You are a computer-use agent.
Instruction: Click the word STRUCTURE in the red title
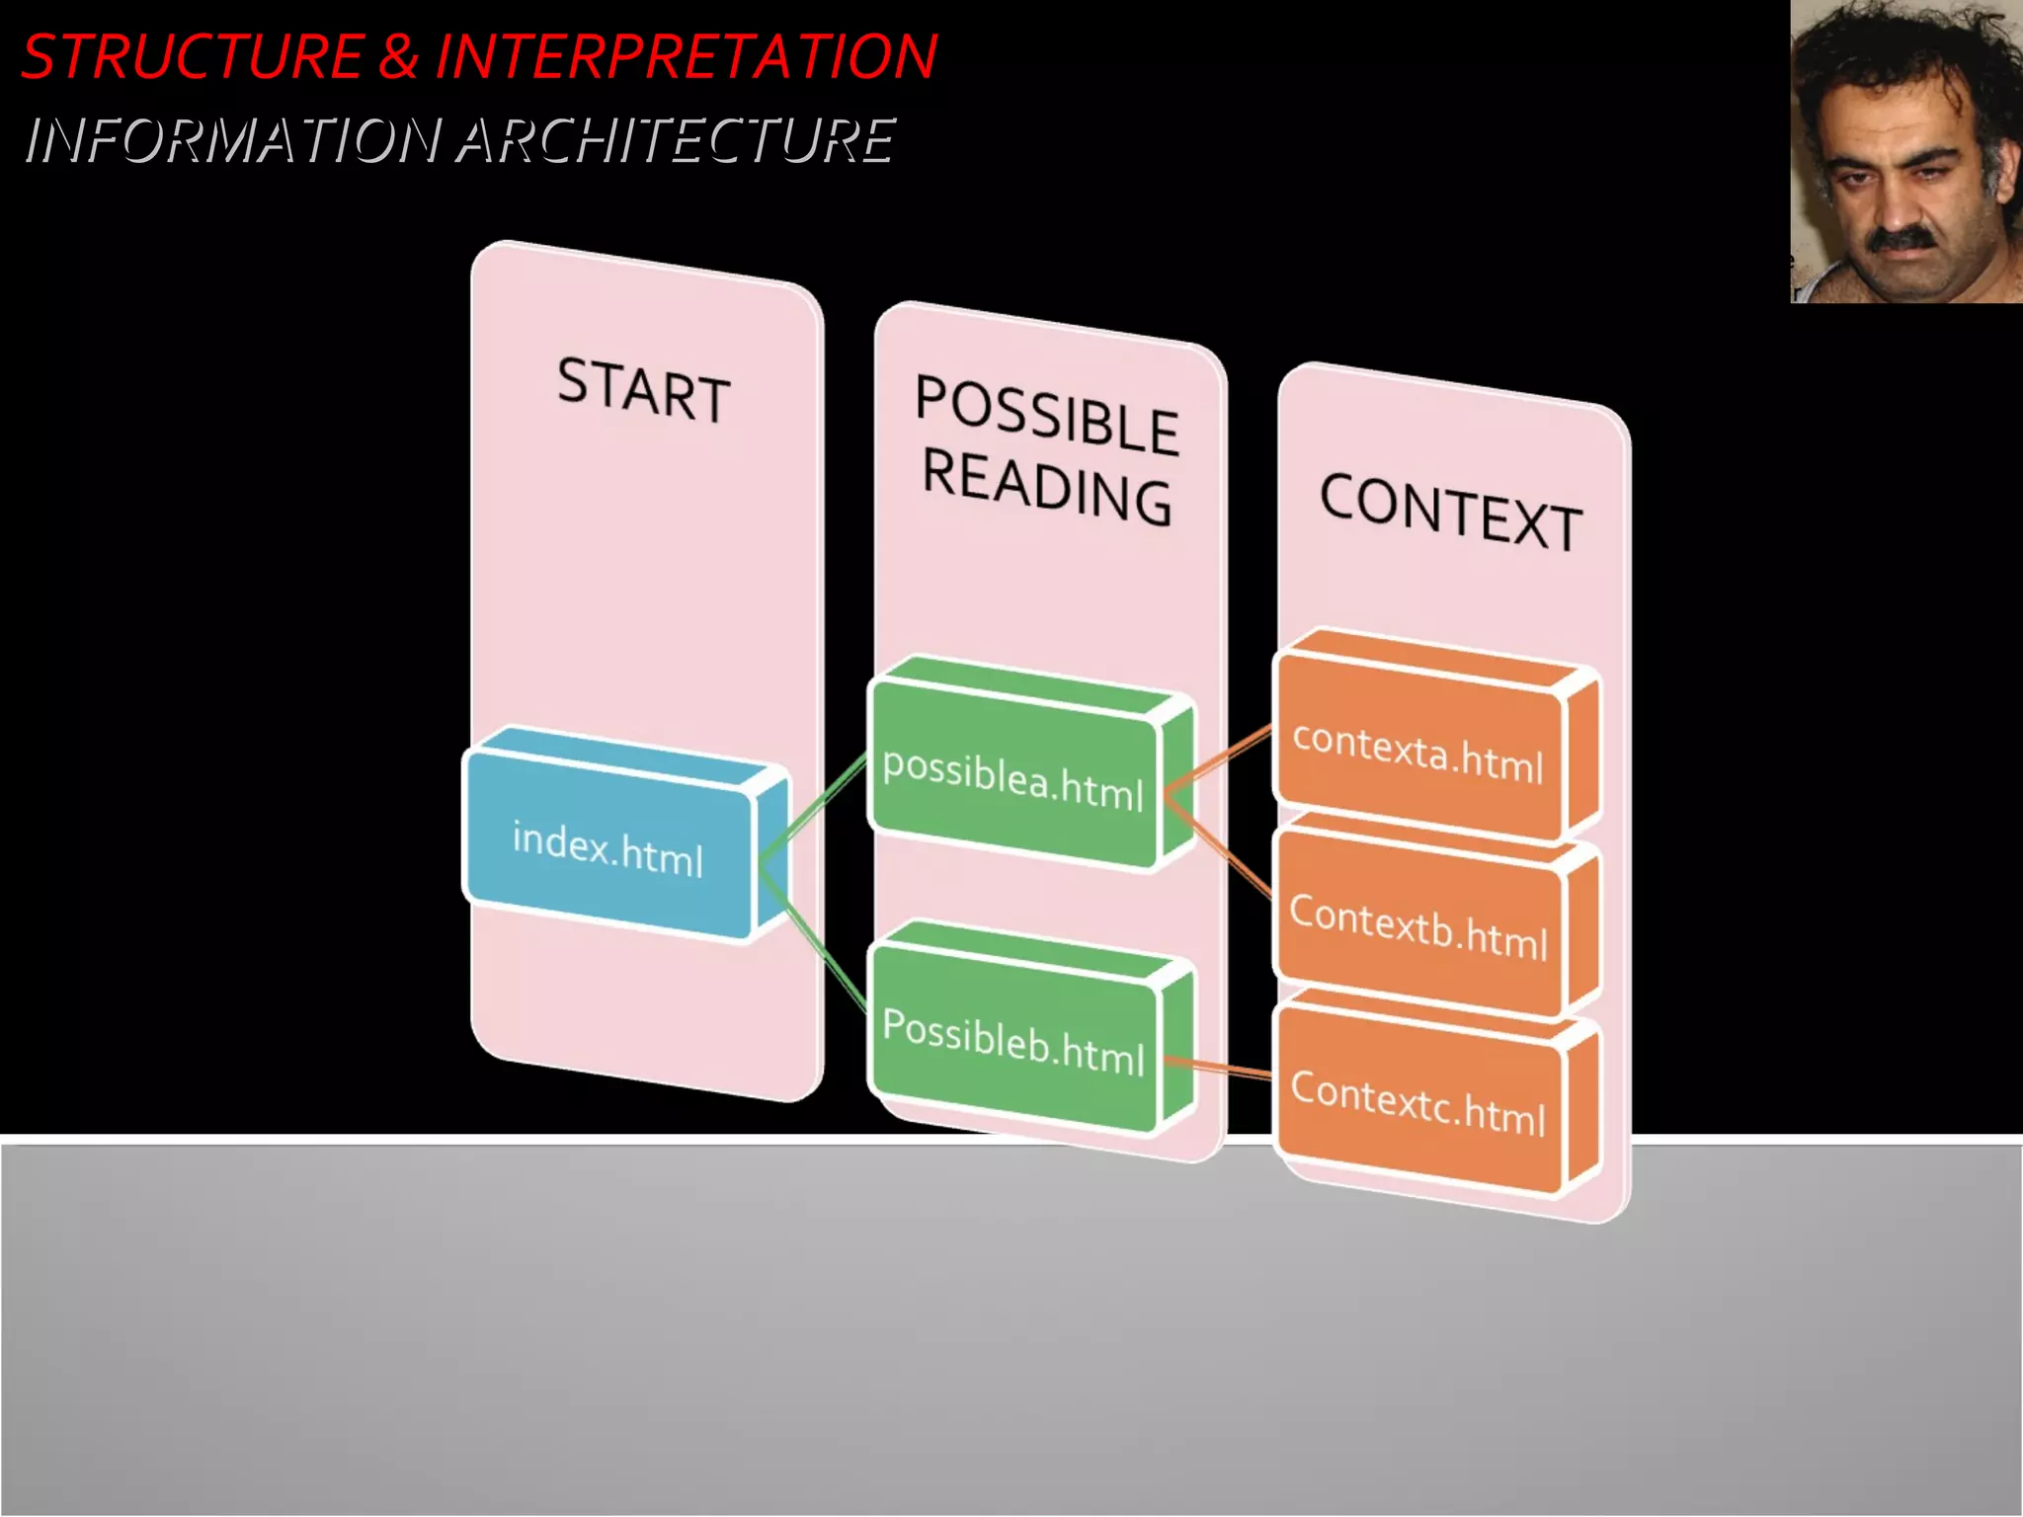193,56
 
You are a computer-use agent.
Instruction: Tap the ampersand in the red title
398,56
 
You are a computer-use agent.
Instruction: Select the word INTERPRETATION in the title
686,56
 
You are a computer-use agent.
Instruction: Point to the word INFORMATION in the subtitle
233,139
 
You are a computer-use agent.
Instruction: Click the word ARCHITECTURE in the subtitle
676,139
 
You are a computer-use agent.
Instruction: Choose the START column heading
644,390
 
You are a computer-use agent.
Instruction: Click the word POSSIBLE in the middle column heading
1047,416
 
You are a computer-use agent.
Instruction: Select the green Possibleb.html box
1013,1042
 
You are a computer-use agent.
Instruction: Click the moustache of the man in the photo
1902,238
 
